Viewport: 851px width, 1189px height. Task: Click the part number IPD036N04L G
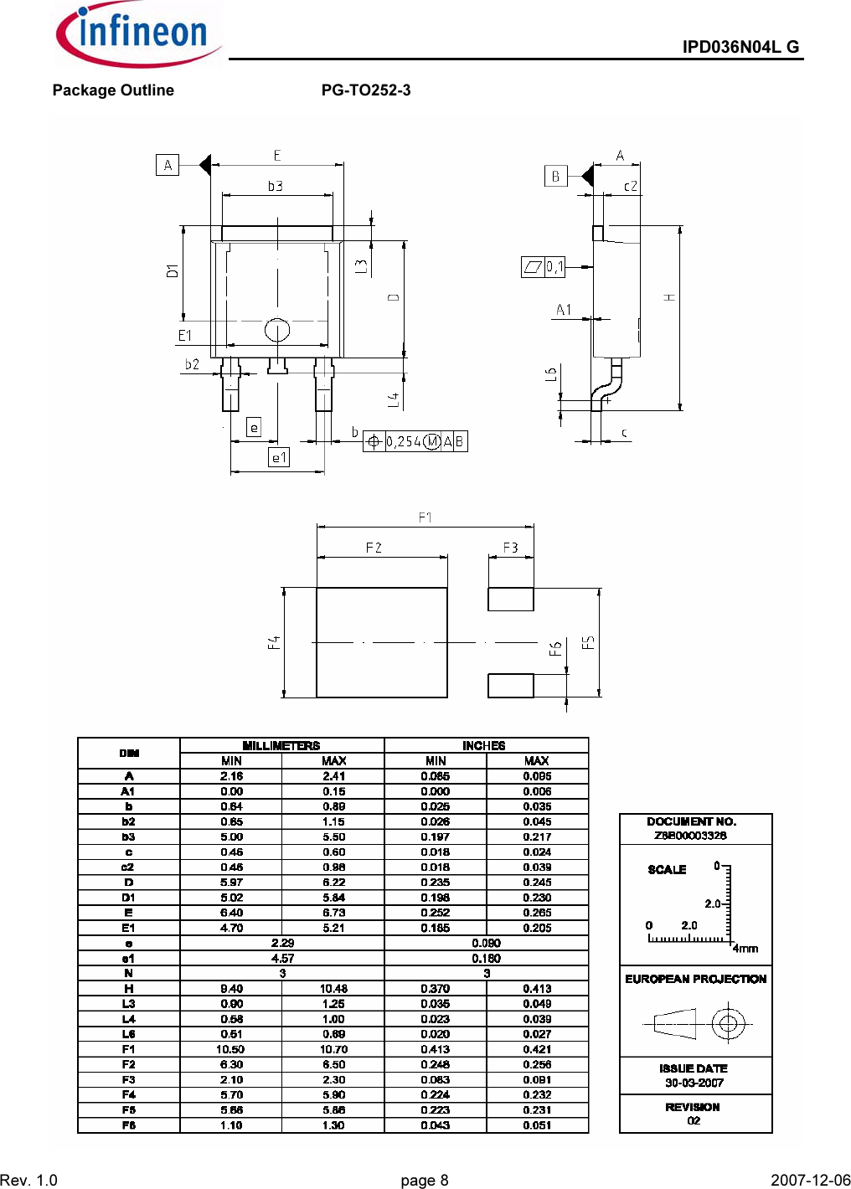(x=740, y=47)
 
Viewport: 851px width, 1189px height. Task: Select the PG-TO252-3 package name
(x=366, y=90)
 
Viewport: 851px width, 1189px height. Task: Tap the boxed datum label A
(x=168, y=165)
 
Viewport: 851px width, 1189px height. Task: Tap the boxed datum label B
(x=555, y=176)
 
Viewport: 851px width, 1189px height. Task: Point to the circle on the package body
(x=277, y=330)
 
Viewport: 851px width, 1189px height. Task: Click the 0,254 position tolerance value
(x=404, y=441)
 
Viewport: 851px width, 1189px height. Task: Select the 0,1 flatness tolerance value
(x=554, y=267)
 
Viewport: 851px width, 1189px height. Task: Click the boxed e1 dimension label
(x=279, y=457)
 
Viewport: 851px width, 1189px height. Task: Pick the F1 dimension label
(x=425, y=517)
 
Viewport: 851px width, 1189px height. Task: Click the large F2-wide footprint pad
(x=382, y=642)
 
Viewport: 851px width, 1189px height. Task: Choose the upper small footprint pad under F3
(x=511, y=599)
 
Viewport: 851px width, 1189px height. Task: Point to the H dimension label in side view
(x=670, y=297)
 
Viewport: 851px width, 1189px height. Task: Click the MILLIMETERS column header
(x=281, y=745)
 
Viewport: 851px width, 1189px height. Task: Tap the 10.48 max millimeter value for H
(x=333, y=989)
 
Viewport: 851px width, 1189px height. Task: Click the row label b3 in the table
(x=128, y=836)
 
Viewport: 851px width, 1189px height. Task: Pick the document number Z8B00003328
(x=690, y=835)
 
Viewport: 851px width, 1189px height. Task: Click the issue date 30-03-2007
(x=694, y=1083)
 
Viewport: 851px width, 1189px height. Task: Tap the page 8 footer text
(x=425, y=1180)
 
